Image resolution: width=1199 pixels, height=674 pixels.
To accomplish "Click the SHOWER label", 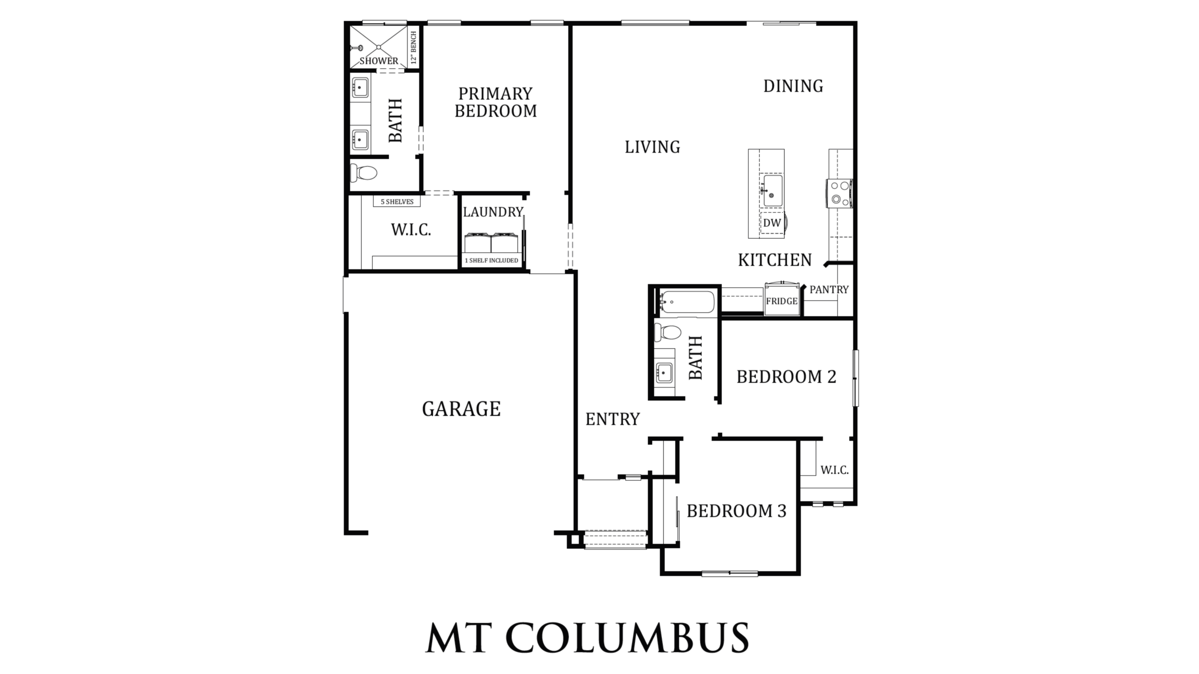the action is [379, 61].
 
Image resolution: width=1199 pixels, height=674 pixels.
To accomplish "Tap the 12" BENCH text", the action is [414, 47].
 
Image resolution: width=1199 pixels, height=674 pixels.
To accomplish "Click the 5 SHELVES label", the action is [397, 202].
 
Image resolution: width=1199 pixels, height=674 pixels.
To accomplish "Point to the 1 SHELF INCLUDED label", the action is [491, 260].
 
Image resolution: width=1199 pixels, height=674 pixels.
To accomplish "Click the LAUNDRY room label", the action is [493, 212].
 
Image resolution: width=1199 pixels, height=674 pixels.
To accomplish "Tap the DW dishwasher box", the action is [772, 223].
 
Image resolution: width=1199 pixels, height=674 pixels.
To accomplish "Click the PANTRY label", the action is [829, 290].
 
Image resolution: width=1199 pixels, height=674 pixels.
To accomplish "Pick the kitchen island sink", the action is [772, 190].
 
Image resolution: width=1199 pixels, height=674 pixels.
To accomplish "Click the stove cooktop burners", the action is [840, 193].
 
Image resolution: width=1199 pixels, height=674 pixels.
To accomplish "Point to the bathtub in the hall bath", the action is [687, 302].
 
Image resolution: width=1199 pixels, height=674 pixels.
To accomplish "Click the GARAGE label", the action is [461, 409].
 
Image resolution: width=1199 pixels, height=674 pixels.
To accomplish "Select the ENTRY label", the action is [613, 419].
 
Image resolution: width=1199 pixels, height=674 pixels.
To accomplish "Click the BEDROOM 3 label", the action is [737, 511].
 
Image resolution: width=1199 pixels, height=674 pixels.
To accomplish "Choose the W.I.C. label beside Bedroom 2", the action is [835, 470].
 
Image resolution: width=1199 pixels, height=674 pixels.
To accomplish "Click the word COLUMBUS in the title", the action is [628, 637].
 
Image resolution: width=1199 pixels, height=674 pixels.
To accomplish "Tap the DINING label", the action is [793, 86].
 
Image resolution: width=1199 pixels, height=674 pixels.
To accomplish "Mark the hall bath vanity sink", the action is [664, 373].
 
